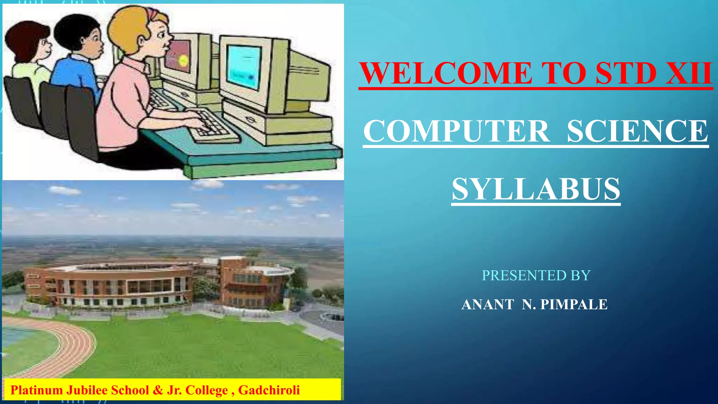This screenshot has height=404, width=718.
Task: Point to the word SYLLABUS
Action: tap(536, 189)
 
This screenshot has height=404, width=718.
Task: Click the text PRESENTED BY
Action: tap(536, 275)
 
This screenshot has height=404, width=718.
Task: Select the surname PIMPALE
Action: tap(574, 304)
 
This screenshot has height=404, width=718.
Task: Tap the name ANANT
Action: tap(488, 304)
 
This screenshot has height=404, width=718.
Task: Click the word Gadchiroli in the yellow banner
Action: tap(269, 390)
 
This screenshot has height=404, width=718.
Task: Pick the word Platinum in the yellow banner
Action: tap(36, 390)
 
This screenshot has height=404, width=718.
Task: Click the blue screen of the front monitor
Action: tap(244, 67)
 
